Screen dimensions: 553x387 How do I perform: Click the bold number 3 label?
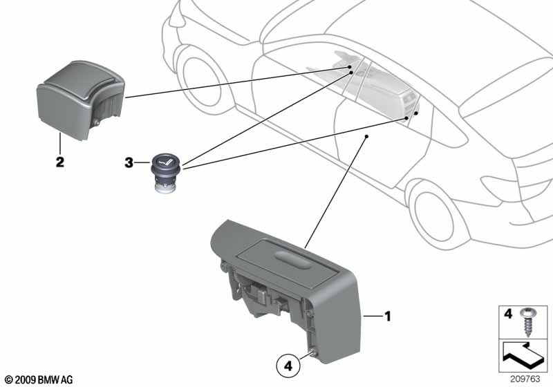129,163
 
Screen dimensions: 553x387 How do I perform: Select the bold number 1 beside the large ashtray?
388,317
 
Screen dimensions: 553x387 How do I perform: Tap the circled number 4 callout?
288,366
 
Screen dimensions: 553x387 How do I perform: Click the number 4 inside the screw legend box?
508,314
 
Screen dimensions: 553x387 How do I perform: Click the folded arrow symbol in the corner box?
525,356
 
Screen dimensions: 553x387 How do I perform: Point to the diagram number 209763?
525,379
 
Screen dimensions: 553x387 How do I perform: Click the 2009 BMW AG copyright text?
39,380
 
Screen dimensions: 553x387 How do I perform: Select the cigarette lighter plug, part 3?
165,173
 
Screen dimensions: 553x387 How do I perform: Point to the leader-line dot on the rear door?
366,136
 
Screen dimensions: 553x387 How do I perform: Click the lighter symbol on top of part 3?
165,162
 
